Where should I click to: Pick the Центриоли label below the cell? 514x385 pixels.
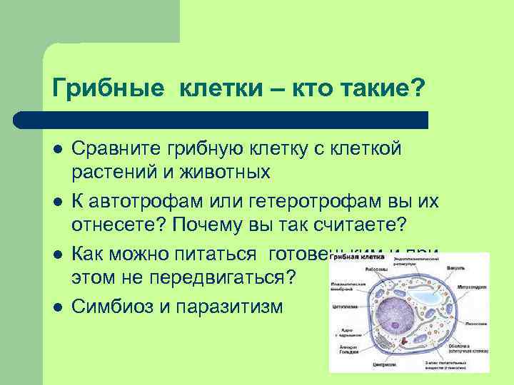coord(381,364)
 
